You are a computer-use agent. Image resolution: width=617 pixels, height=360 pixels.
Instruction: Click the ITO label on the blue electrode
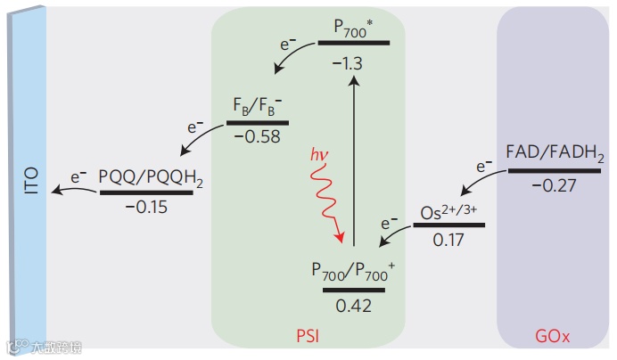[33, 179]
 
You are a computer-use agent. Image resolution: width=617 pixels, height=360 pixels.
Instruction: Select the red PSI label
[308, 338]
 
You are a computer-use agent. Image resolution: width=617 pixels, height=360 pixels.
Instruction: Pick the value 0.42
[354, 305]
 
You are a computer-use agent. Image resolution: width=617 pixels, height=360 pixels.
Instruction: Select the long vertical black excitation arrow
[354, 160]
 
